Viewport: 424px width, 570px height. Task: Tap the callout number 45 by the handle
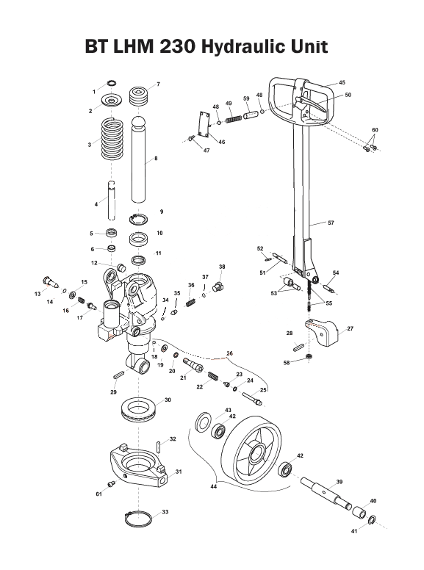click(x=342, y=82)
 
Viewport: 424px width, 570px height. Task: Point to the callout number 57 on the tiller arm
click(x=330, y=222)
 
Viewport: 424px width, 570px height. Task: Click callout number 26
click(x=230, y=353)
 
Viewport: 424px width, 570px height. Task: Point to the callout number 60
click(x=375, y=130)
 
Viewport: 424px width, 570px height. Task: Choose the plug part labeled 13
click(x=50, y=280)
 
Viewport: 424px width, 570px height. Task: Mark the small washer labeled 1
click(x=112, y=82)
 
